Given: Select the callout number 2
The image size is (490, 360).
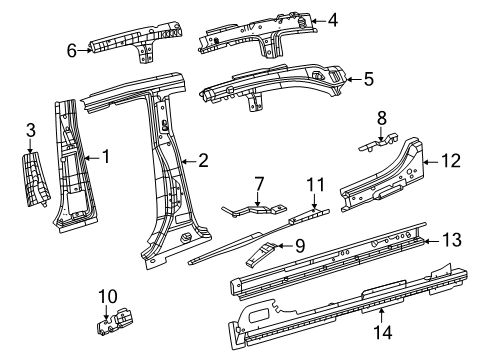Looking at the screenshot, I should [x=203, y=159].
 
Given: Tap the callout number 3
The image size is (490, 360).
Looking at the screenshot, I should [x=30, y=129].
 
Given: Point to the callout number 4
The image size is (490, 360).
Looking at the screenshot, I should [x=333, y=19].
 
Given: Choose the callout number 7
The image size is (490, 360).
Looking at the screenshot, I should [x=259, y=183].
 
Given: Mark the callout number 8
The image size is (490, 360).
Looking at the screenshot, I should [x=381, y=118].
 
